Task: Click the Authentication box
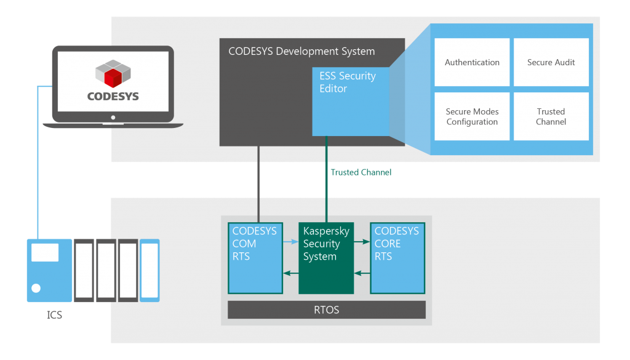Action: [472, 62]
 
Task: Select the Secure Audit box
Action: [551, 62]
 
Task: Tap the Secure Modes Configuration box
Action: [472, 117]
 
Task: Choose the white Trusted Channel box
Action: [551, 117]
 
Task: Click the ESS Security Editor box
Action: [350, 102]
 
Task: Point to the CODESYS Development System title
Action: [301, 52]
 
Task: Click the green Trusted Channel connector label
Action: [361, 172]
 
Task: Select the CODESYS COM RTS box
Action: [255, 258]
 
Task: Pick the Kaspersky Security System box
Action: [326, 258]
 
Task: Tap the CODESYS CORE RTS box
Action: [397, 258]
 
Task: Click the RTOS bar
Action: [326, 310]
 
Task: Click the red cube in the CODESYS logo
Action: [113, 78]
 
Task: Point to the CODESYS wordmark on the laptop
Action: [113, 97]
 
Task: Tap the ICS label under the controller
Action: [55, 316]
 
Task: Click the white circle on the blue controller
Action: [36, 288]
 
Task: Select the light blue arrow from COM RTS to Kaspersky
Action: [290, 242]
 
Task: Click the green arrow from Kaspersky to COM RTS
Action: [290, 273]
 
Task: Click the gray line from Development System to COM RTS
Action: [258, 185]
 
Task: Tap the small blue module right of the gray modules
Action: [150, 270]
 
